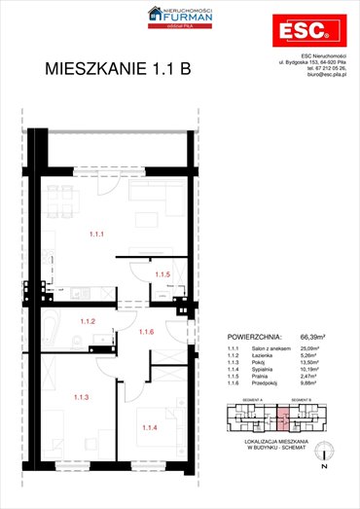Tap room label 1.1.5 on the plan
(162, 275)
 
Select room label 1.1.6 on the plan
(146, 333)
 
